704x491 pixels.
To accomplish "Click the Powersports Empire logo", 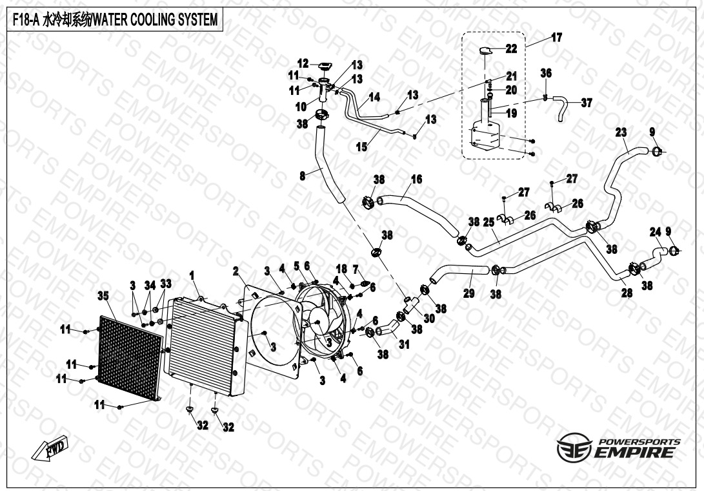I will (618, 447).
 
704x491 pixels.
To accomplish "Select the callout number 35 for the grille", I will (102, 297).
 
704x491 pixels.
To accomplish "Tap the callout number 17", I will (556, 37).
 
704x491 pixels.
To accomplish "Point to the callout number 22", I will (511, 48).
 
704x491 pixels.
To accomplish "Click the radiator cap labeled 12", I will (323, 65).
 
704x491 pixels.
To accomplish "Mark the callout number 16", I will (416, 179).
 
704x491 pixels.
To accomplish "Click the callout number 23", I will (621, 132).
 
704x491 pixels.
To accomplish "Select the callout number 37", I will (586, 103).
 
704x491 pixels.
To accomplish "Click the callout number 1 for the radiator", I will (192, 275).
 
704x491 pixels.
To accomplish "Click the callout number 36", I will (546, 74).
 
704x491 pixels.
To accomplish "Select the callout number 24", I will (655, 231).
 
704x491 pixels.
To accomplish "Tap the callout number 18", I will (342, 268).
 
